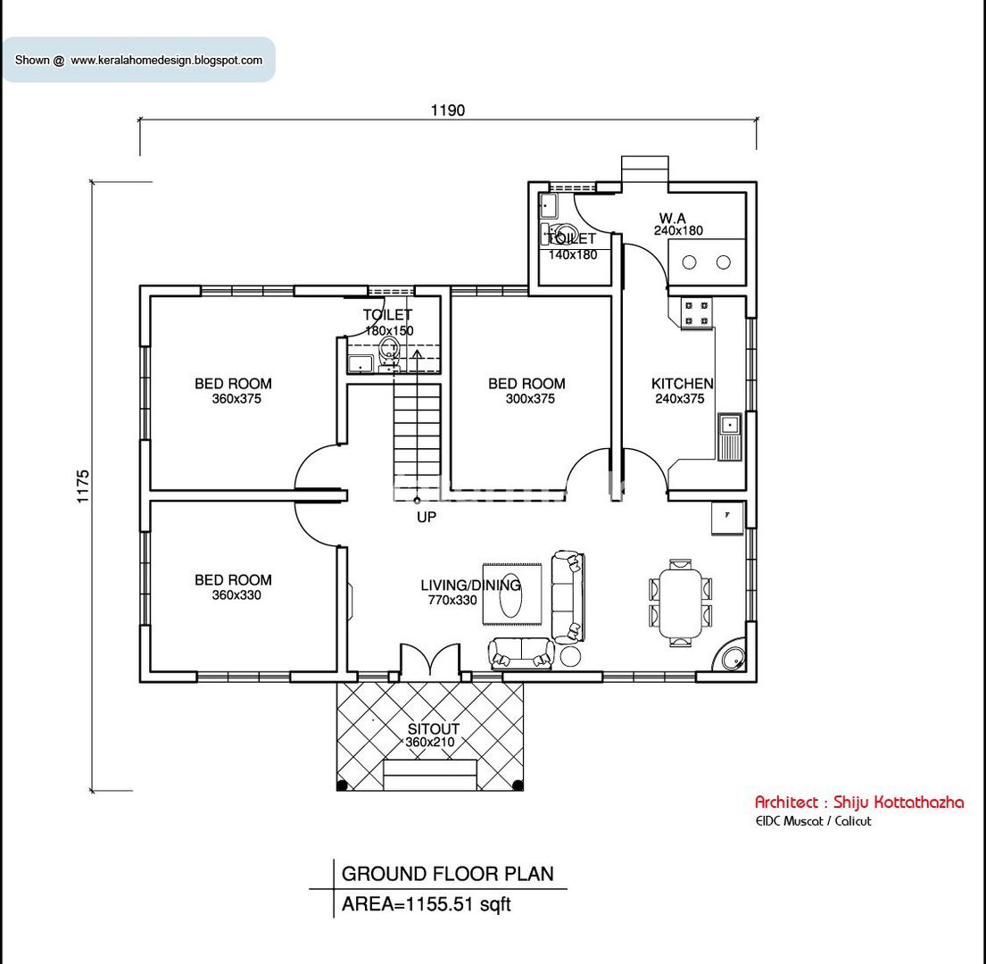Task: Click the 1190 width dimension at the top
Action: click(x=448, y=111)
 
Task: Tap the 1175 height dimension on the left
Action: click(x=84, y=486)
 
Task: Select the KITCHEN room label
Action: click(x=682, y=384)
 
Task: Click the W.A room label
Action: click(x=673, y=218)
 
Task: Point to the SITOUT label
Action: click(x=433, y=729)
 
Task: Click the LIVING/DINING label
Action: click(x=470, y=586)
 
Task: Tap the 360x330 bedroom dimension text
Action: click(x=236, y=595)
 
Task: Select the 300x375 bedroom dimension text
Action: click(x=530, y=399)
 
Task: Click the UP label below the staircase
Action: click(x=427, y=517)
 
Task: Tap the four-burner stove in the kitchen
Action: click(x=697, y=312)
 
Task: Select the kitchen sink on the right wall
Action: click(x=729, y=436)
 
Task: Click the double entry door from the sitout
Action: click(x=431, y=661)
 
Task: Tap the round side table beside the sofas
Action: click(x=569, y=657)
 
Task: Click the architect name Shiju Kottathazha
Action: click(x=858, y=802)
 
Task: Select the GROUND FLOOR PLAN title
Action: click(x=447, y=874)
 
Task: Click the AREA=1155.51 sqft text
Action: click(x=427, y=904)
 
